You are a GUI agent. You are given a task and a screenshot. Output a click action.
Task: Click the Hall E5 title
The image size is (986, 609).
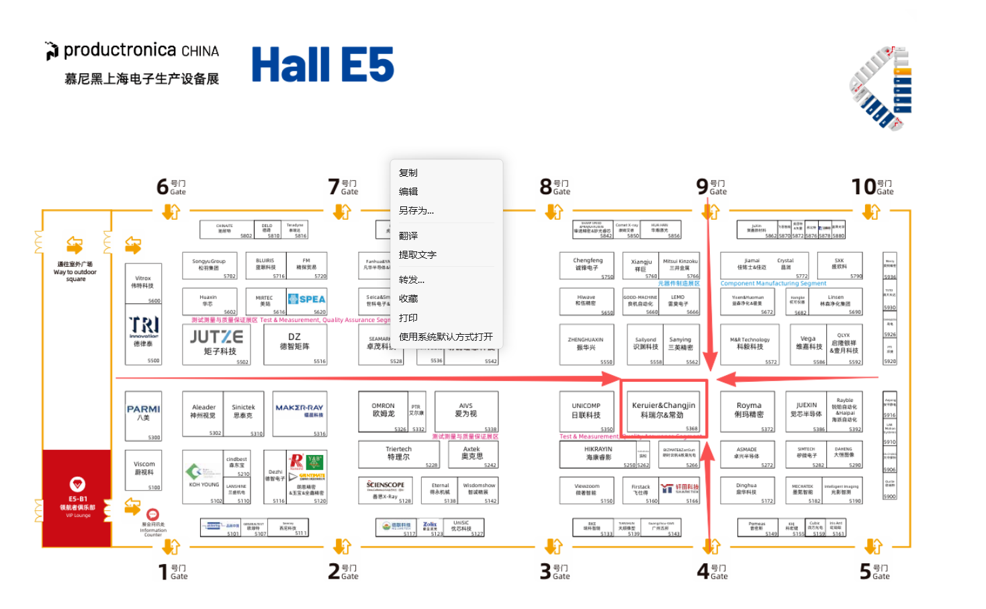pos(322,65)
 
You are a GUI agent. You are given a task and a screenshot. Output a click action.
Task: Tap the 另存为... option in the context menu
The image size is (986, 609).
pos(416,210)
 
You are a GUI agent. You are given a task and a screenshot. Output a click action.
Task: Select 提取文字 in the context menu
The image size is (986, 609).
pos(418,255)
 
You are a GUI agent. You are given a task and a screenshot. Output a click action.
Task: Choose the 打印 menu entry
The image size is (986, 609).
pos(408,318)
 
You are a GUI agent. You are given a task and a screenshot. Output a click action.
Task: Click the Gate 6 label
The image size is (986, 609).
pos(171,187)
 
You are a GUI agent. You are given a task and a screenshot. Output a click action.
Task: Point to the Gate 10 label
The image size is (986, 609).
pos(872,187)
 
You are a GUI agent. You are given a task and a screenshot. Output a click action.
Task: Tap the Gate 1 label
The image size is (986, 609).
pos(173,571)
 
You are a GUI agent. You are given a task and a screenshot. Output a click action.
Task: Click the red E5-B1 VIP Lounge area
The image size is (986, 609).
pos(77,497)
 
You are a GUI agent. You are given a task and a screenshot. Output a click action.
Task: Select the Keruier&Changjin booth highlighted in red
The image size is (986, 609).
pos(664,409)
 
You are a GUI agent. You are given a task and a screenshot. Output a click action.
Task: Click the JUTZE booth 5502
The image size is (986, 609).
pos(216,343)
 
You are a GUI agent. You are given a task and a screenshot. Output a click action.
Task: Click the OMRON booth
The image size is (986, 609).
pos(384,410)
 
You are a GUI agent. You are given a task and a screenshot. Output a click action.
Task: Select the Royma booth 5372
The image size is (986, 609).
pos(749,410)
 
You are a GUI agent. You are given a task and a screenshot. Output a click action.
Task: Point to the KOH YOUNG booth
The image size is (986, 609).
pos(203,476)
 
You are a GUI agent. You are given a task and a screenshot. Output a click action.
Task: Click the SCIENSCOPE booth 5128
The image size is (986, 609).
pos(386,489)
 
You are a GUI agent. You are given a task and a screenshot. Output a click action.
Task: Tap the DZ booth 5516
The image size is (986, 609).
pos(295,341)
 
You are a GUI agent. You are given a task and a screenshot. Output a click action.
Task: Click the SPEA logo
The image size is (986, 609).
pos(307,299)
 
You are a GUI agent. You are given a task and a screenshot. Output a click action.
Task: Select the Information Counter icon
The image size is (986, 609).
pos(152,515)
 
